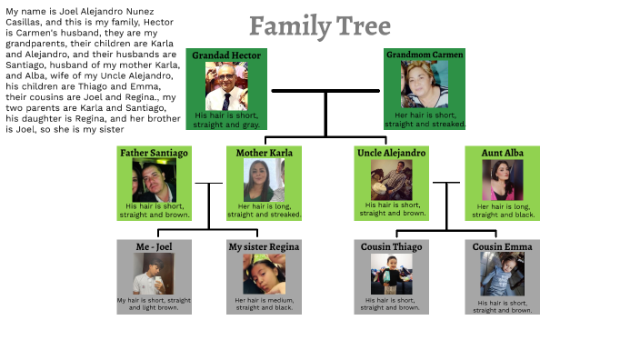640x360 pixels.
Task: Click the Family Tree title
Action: point(320,26)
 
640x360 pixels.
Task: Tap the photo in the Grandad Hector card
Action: point(225,87)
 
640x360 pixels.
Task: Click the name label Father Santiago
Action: point(155,153)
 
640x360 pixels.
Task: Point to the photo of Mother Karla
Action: point(264,181)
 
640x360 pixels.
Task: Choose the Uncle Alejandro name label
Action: point(392,153)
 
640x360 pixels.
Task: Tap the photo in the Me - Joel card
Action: point(153,274)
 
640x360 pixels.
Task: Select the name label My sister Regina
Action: point(264,246)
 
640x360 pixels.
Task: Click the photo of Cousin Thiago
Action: point(392,274)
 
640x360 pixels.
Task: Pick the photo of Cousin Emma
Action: point(502,274)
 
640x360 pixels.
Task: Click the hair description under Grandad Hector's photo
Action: point(226,120)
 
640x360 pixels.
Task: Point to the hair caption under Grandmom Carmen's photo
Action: point(425,119)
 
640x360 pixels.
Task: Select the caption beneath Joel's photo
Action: point(154,304)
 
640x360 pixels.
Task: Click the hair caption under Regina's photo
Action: point(264,304)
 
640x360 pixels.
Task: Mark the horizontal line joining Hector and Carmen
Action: point(325,91)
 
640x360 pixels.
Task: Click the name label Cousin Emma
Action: point(502,246)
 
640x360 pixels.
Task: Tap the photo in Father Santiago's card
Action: point(155,181)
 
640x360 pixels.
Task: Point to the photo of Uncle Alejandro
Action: point(392,179)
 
